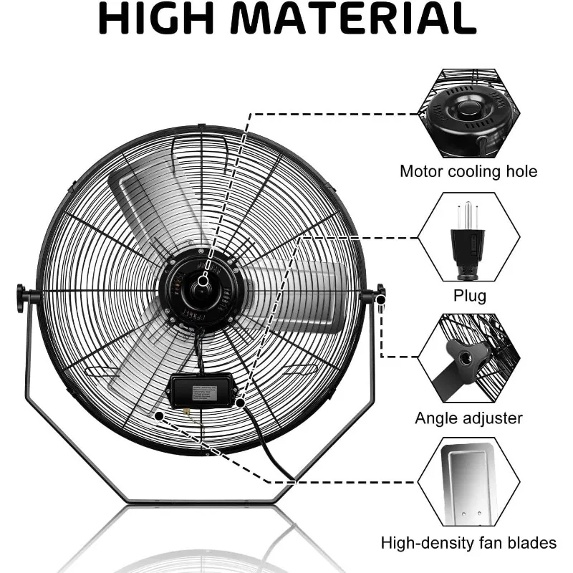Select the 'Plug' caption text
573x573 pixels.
(x=469, y=296)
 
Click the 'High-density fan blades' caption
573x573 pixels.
(x=468, y=544)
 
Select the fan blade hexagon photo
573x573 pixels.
(x=468, y=484)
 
